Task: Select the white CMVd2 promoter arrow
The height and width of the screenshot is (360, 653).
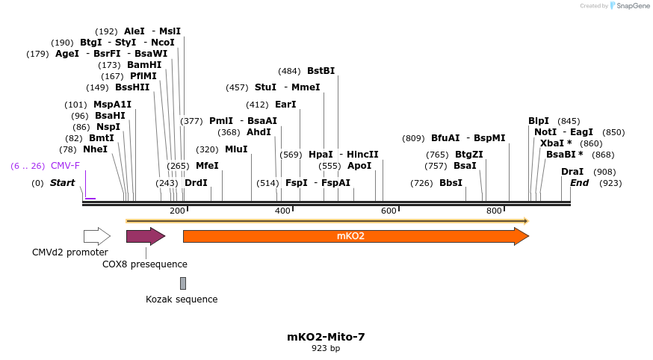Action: (x=96, y=237)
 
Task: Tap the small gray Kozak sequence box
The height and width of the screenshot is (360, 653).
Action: (x=183, y=283)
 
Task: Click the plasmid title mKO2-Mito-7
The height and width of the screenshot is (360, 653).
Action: (x=326, y=337)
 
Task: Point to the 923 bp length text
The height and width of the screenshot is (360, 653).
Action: (x=326, y=349)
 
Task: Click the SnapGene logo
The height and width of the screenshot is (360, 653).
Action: (x=629, y=6)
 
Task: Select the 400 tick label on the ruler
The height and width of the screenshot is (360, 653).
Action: (x=282, y=211)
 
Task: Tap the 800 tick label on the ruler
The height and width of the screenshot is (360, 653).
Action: (x=494, y=211)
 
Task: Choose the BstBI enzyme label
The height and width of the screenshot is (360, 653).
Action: (x=321, y=71)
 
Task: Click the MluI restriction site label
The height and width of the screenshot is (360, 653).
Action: (x=236, y=149)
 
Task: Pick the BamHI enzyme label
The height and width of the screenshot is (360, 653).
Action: (x=144, y=65)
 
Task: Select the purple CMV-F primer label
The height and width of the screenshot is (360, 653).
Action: (x=65, y=166)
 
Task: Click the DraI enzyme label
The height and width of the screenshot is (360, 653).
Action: (x=572, y=172)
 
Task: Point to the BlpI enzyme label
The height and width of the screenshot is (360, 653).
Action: (x=539, y=121)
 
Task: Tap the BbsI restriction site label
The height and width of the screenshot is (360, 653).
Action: (x=451, y=183)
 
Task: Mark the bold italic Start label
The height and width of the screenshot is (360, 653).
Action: (x=63, y=183)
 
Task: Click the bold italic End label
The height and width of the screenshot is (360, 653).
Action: (x=579, y=183)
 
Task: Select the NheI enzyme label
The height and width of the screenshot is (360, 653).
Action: (x=95, y=149)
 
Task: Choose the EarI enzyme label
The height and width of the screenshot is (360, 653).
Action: (x=285, y=105)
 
